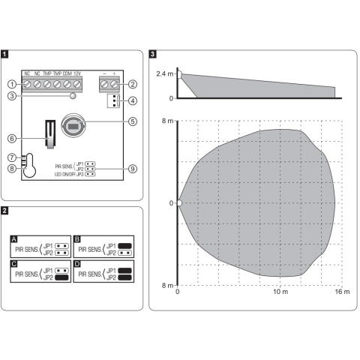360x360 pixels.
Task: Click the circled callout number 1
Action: point(12,84)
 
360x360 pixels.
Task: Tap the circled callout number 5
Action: point(133,121)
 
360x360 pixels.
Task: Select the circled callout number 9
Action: point(133,169)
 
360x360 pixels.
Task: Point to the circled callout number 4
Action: point(133,101)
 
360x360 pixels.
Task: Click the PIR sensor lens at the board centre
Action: point(73,126)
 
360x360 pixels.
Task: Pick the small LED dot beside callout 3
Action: point(73,96)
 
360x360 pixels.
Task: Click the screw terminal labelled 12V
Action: point(77,84)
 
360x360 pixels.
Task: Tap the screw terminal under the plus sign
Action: point(114,84)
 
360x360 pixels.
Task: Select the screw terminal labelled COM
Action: point(67,84)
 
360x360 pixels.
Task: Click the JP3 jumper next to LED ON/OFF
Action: point(90,174)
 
